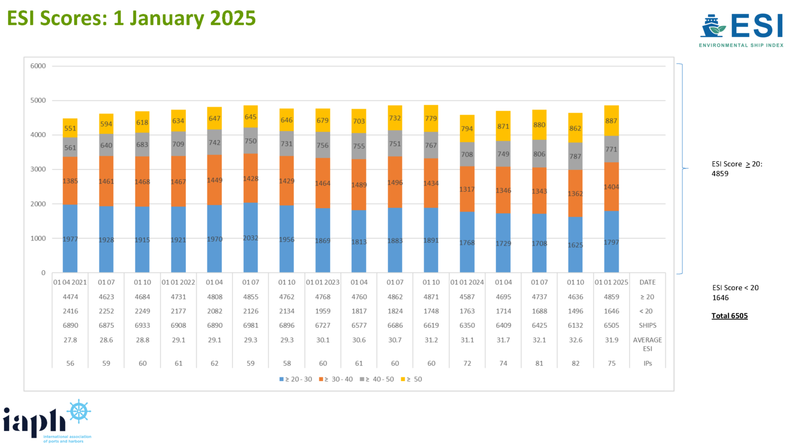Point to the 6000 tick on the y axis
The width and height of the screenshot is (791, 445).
38,66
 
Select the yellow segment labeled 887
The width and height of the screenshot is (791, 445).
611,121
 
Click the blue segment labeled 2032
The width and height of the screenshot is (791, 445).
250,238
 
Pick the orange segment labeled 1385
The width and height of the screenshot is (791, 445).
70,181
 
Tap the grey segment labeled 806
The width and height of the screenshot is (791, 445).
539,153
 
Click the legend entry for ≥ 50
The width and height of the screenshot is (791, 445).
411,379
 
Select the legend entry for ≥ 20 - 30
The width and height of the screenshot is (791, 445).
296,379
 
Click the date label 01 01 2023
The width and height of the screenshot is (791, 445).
322,282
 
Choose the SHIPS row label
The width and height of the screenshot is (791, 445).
647,326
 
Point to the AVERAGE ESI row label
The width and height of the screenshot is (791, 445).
647,344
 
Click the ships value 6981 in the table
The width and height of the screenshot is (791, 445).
250,326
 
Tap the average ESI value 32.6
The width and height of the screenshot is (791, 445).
575,340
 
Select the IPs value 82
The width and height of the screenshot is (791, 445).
575,363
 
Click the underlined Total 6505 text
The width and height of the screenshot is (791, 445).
729,316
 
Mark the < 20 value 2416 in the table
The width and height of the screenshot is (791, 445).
70,311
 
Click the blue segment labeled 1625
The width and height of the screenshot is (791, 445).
575,245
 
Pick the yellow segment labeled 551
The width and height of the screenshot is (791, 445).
70,128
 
